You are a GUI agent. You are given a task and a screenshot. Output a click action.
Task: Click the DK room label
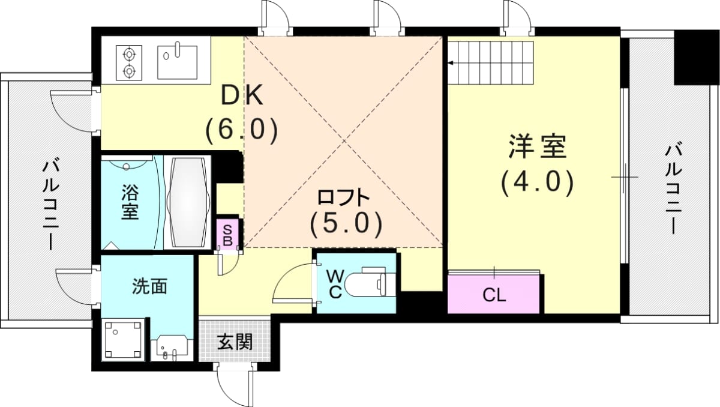coord(242,95)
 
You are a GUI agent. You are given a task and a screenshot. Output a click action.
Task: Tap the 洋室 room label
coord(538,146)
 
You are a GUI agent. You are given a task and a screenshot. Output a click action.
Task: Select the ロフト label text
coord(343,197)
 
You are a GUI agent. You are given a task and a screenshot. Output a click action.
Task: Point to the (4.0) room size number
coord(538,182)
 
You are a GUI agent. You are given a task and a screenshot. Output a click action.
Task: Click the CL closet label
coord(494,295)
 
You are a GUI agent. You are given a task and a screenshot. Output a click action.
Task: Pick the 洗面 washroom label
coord(150,286)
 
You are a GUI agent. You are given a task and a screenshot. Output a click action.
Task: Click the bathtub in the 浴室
coord(188,202)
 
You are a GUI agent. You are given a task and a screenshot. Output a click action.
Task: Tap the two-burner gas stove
coord(129,62)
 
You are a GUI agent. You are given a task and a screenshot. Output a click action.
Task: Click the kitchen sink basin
coord(178,62)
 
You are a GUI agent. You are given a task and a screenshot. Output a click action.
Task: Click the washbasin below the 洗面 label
coord(172,348)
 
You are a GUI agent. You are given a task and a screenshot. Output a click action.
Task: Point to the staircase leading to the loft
coord(491,62)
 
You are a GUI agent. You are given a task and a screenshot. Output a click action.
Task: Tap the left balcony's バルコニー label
coord(51,205)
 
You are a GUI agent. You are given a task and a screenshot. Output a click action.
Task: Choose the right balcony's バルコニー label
coord(673,190)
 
